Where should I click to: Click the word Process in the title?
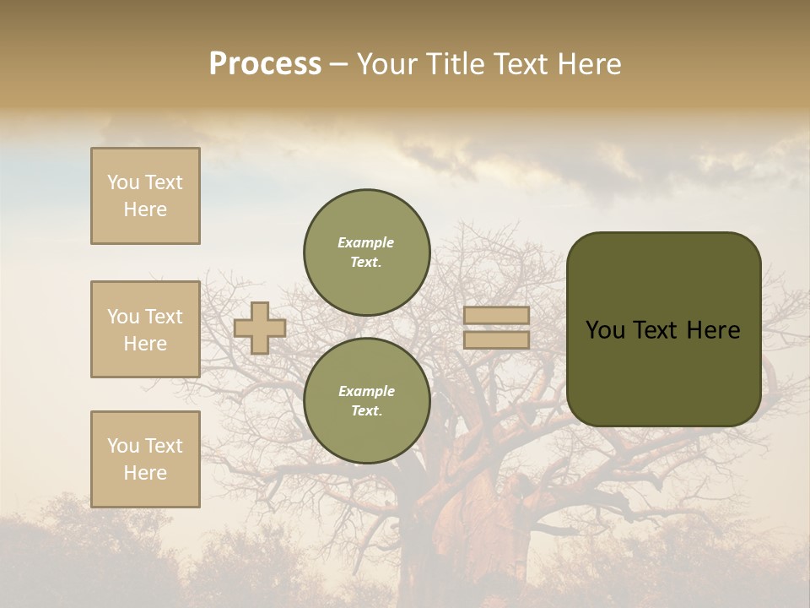265,64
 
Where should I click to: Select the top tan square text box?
145,196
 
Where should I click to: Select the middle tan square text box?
145,329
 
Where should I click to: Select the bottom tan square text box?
145,459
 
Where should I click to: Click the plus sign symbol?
259,328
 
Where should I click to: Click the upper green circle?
366,252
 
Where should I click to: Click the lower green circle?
366,400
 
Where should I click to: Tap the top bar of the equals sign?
496,315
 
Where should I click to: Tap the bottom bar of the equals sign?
496,339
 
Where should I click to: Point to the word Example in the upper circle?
365,242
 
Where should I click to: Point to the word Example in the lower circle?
366,391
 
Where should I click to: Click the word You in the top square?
123,182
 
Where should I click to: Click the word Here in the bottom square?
145,473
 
